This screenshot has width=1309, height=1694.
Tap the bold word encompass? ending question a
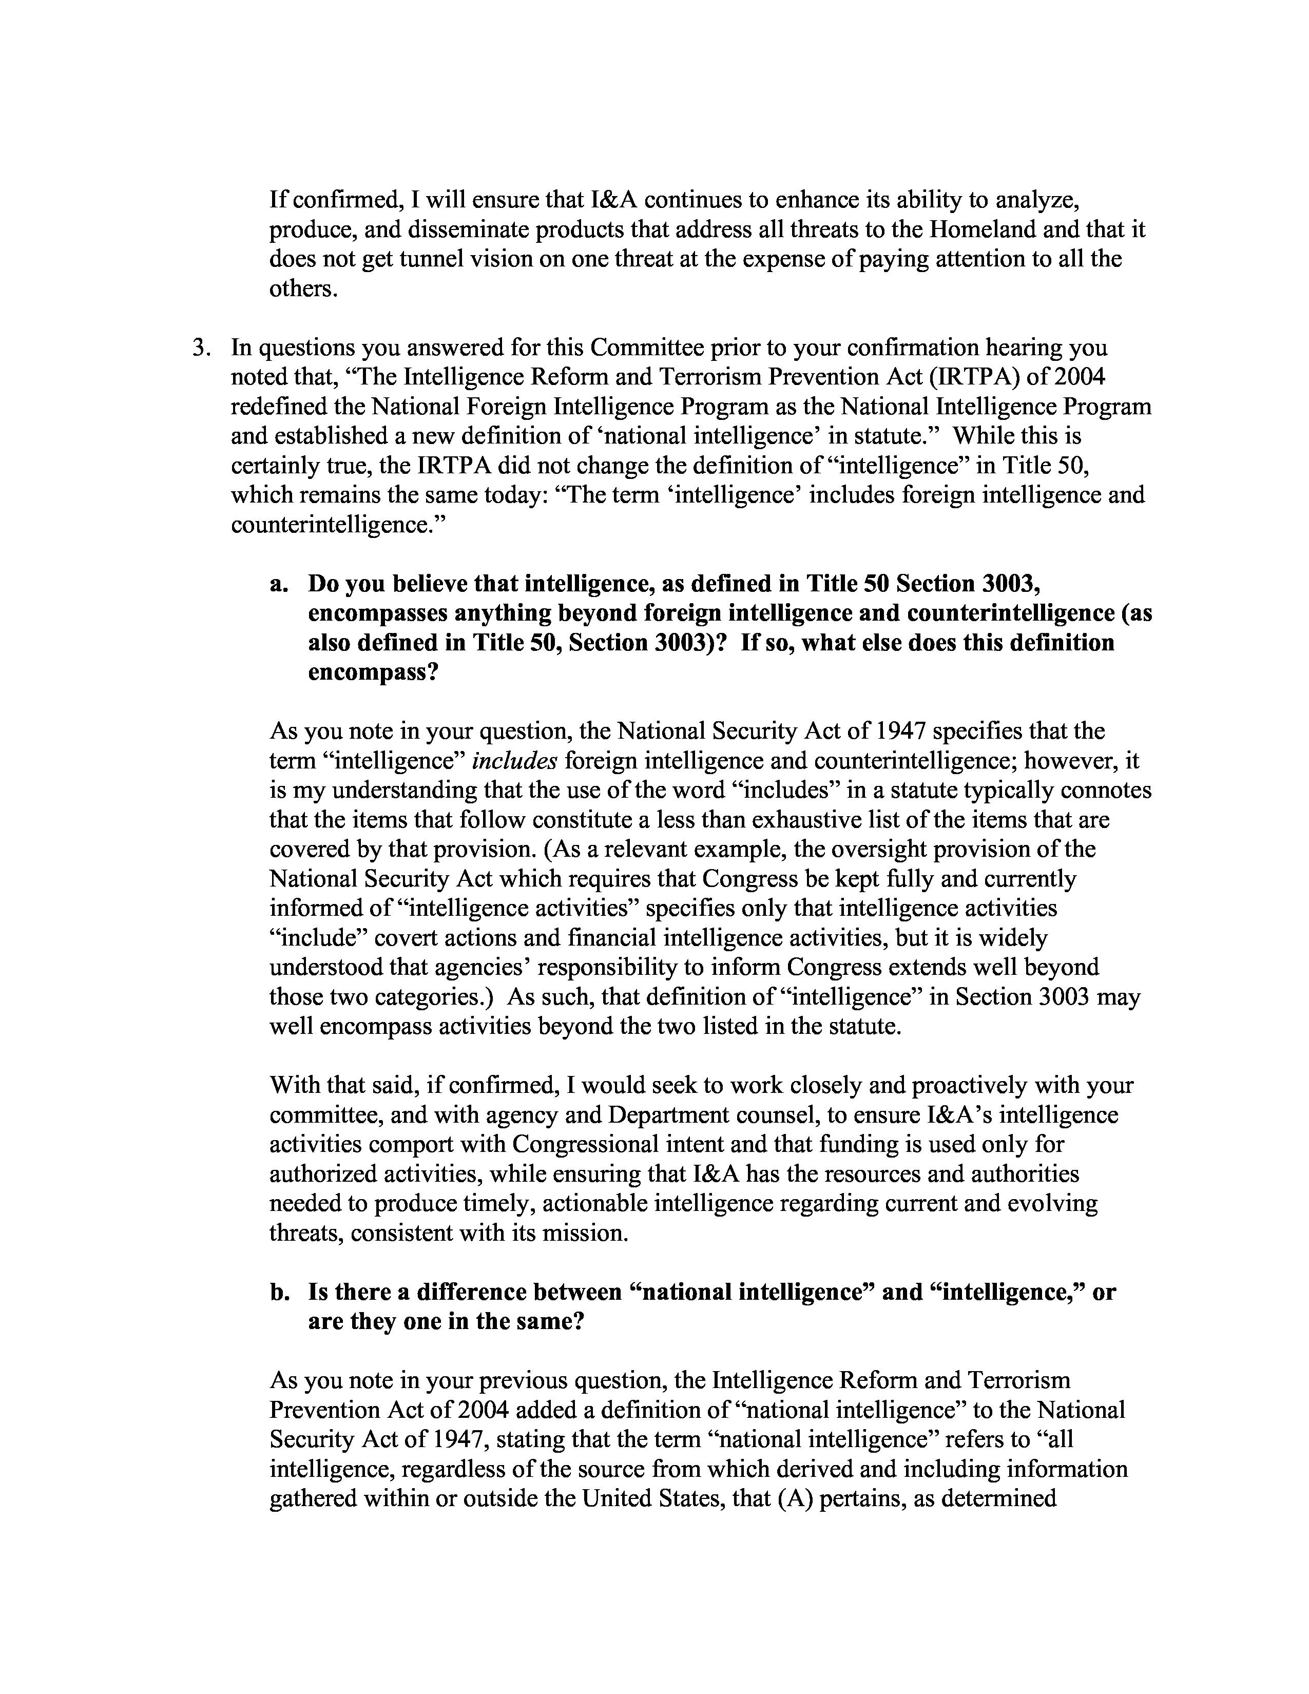[373, 672]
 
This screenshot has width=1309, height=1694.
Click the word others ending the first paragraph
[302, 288]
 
